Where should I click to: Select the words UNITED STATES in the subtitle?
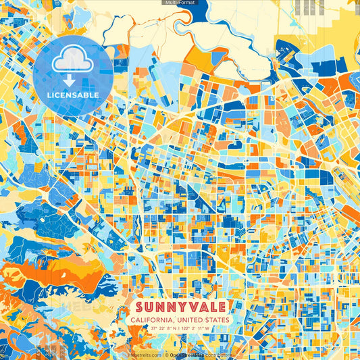[x=203, y=320]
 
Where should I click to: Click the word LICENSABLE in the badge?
[x=73, y=95]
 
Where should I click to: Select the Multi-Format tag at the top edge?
[x=179, y=3]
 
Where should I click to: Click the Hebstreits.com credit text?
[x=145, y=355]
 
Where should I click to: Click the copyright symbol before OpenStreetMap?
[x=166, y=355]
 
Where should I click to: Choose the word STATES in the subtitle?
[x=216, y=320]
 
